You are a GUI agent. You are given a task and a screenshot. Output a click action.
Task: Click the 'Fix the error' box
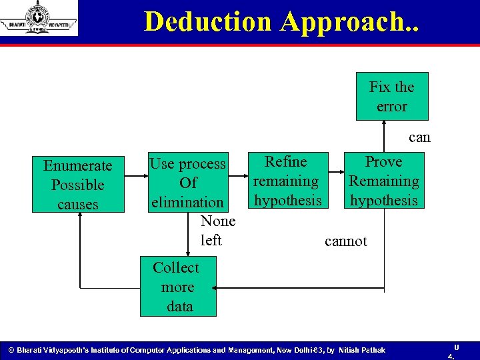[x=392, y=97]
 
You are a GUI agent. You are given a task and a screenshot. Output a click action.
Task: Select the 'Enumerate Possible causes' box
[x=78, y=184]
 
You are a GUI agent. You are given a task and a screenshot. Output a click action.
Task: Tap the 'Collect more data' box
[x=177, y=287]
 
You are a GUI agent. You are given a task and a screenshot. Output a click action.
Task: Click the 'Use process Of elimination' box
[x=187, y=182]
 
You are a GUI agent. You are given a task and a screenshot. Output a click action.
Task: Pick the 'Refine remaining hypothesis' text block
[x=287, y=181]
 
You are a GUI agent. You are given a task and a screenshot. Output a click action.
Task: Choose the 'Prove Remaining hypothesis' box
[x=384, y=181]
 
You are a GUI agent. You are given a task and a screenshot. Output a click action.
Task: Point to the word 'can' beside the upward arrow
[x=419, y=137]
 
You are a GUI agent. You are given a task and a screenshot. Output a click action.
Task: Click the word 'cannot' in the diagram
[x=345, y=241]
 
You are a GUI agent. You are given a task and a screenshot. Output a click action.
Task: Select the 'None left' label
[x=217, y=230]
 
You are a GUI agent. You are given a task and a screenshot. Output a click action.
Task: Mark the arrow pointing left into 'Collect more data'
[x=300, y=289]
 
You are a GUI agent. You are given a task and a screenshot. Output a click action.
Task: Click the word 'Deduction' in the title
[x=209, y=21]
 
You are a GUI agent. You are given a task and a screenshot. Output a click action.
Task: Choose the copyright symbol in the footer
[x=10, y=350]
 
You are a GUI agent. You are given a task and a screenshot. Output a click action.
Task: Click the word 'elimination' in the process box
[x=187, y=202]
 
